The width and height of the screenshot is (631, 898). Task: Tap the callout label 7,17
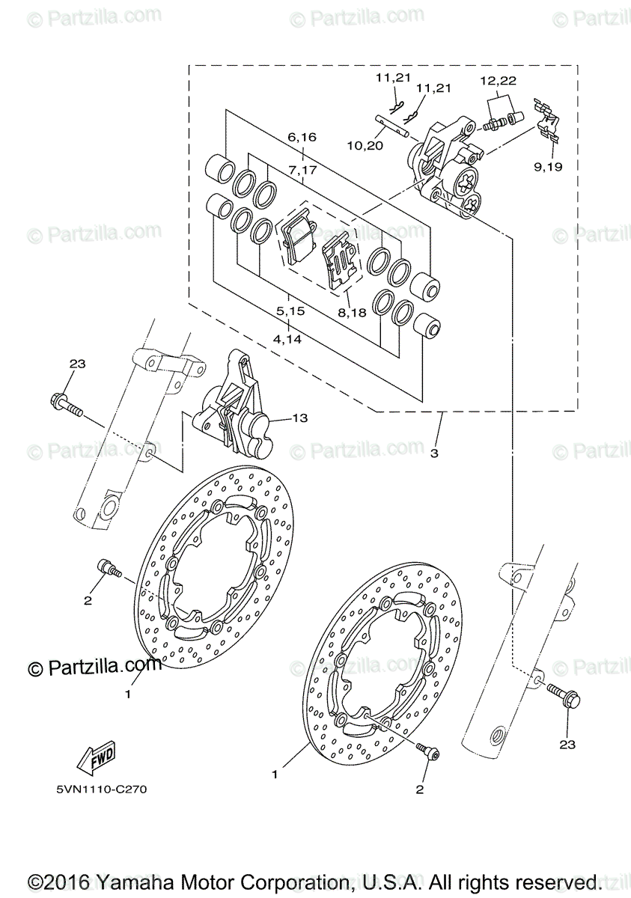[302, 170]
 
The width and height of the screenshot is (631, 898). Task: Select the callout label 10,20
[365, 145]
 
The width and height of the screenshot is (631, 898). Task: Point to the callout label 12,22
[498, 80]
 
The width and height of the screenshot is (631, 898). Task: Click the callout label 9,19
[549, 166]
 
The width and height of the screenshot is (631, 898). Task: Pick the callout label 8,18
[352, 312]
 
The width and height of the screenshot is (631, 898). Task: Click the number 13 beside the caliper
[299, 418]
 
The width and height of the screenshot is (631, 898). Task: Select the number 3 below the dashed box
[433, 453]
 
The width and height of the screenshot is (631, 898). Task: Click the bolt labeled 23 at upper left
[67, 405]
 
